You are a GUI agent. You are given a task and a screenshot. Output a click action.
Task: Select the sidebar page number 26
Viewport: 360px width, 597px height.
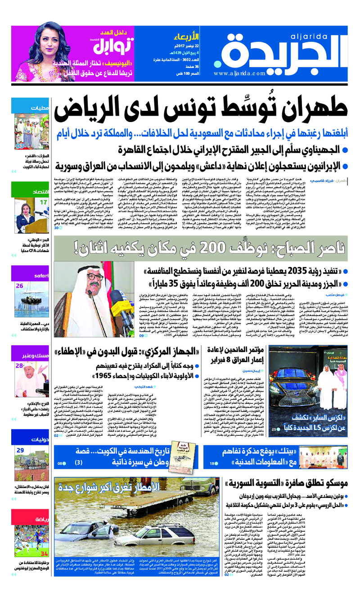[x=20, y=286]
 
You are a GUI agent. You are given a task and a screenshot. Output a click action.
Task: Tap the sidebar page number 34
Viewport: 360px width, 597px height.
[x=44, y=553]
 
